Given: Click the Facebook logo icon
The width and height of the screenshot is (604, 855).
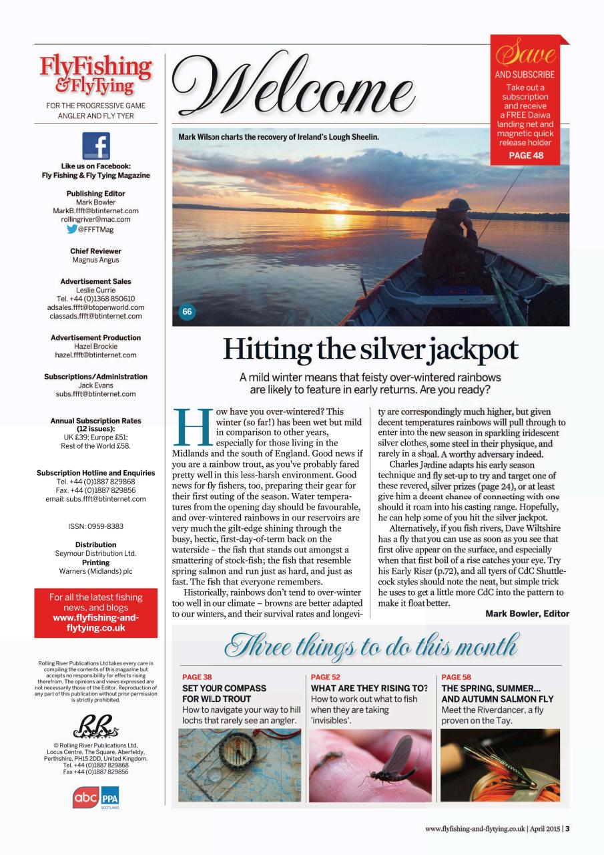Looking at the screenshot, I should (x=95, y=146).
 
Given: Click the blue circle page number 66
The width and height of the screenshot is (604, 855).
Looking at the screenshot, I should (x=188, y=311).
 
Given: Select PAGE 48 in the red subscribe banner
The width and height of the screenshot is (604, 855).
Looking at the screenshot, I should (x=526, y=156).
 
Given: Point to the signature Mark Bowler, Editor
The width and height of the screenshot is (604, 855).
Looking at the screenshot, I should (x=527, y=613).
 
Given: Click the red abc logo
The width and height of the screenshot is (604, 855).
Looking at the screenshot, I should (x=86, y=797).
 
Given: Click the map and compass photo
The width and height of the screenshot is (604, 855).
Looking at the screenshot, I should (x=240, y=765).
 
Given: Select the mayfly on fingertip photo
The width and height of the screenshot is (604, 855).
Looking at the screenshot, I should (x=370, y=765).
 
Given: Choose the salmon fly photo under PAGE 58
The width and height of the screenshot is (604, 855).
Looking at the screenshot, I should (x=500, y=765).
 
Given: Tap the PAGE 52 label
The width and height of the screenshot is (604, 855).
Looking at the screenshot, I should (x=326, y=677).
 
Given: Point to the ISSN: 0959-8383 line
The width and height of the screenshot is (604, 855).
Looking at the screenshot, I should (x=95, y=526).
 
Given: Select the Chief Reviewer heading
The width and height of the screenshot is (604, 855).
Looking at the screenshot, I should (x=95, y=251).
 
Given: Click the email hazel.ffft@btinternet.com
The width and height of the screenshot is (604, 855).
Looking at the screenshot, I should (x=95, y=355).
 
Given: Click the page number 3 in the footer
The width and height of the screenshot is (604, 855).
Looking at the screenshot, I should (x=567, y=829).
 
